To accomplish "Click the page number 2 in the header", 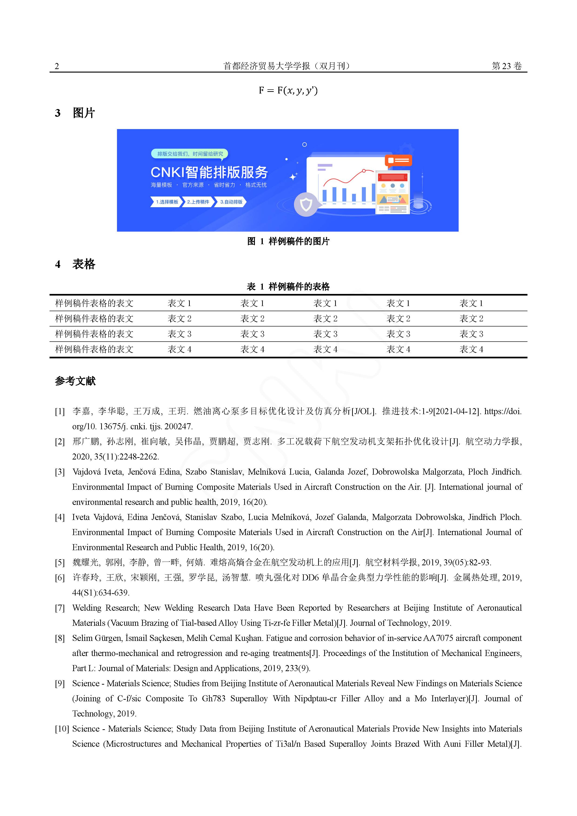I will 57,66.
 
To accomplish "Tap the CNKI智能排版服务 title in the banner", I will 209,172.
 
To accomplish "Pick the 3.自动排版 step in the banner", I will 231,202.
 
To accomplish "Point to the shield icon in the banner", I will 306,204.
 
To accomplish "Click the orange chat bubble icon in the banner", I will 398,161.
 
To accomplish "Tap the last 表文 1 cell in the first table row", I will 471,303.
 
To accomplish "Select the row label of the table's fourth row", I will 94,349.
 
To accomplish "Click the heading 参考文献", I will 75,381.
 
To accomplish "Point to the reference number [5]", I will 60,563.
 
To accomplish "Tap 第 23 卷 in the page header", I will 507,66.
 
